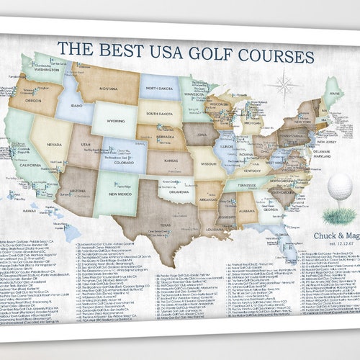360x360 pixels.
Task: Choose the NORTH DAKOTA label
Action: (161, 89)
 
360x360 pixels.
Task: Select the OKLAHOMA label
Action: (175, 192)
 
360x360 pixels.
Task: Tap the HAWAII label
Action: (30, 210)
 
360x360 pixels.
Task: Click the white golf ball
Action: (339, 188)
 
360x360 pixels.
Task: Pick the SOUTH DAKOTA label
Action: (159, 113)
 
